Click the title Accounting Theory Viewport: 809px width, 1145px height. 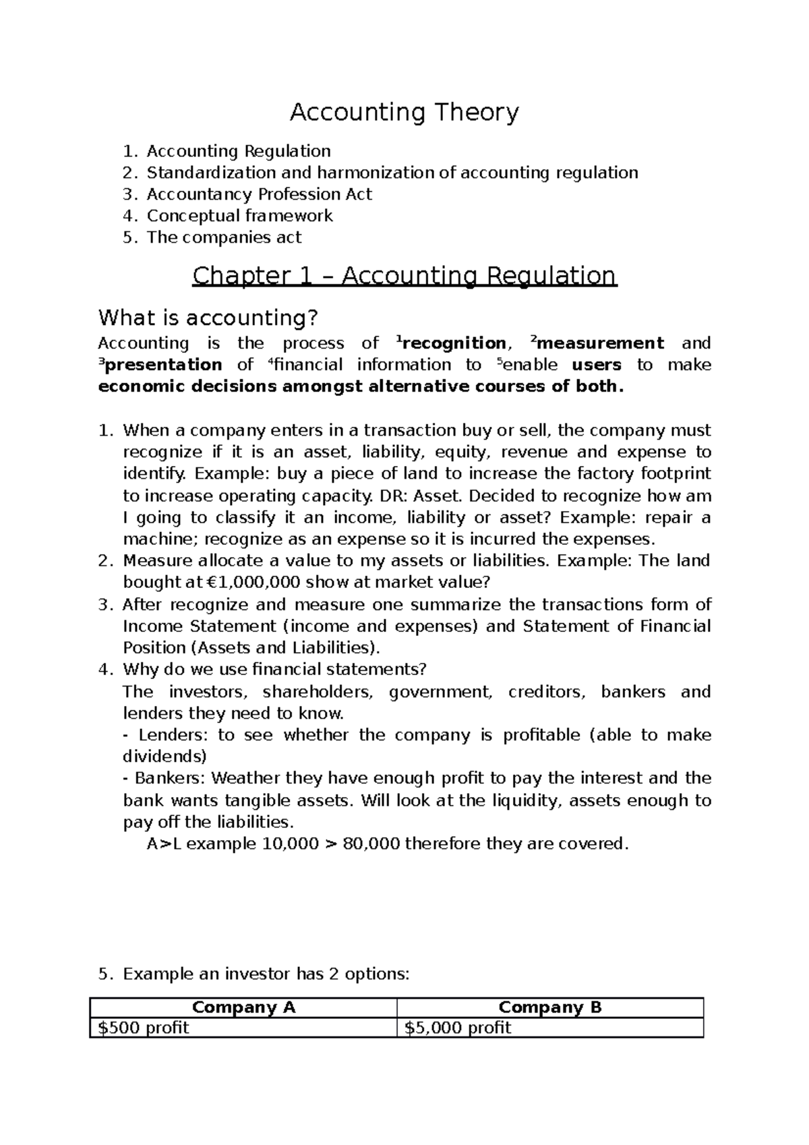click(x=404, y=113)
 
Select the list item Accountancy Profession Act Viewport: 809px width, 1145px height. click(x=259, y=194)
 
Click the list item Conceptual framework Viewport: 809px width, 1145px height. click(x=239, y=216)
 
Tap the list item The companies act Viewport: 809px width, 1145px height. click(x=224, y=237)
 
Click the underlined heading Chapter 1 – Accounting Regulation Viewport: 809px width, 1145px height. click(x=404, y=276)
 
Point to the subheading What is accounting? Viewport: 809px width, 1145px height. click(x=208, y=317)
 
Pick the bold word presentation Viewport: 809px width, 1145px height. click(x=164, y=365)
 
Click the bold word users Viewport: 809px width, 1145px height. click(x=597, y=365)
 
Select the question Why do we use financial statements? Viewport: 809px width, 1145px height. click(x=275, y=670)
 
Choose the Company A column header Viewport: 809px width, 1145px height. click(x=243, y=1008)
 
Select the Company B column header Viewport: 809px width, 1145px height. click(x=549, y=1008)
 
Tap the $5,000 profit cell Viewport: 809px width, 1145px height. click(x=458, y=1028)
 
